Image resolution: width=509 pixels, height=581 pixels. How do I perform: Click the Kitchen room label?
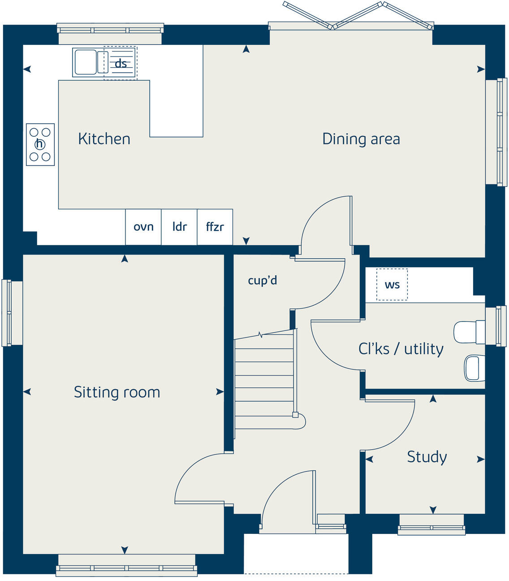[104, 139]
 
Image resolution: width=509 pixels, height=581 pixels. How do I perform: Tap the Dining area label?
[361, 139]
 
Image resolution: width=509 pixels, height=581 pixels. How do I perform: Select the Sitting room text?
[116, 392]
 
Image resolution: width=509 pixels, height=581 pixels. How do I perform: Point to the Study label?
[427, 457]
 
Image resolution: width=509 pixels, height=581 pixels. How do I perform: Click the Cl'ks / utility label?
[401, 349]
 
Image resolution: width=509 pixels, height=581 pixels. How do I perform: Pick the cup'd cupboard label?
[262, 281]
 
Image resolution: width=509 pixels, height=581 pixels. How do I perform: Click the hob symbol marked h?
[40, 144]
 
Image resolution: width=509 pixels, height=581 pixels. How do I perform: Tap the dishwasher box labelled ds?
[121, 63]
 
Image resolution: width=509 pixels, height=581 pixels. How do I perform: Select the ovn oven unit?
[143, 227]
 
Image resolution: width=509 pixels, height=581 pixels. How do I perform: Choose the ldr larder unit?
[179, 227]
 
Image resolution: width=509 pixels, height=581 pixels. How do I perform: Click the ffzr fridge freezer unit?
[215, 227]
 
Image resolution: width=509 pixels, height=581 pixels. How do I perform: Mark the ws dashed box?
[392, 285]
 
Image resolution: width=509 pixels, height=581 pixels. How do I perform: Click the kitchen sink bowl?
[85, 62]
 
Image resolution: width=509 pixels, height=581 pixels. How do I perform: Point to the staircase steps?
[264, 381]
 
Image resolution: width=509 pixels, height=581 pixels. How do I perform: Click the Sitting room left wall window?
[6, 313]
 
